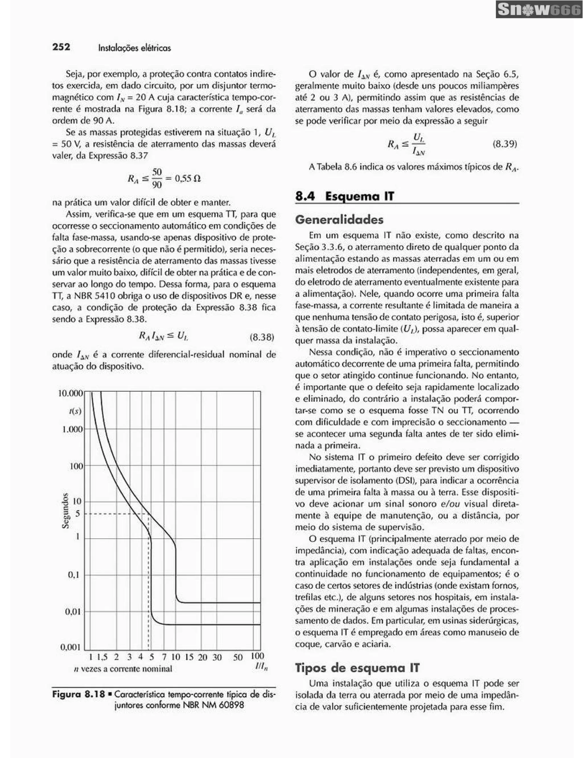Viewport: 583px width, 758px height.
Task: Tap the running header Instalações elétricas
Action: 134,48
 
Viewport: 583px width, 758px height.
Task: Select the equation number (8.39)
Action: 505,144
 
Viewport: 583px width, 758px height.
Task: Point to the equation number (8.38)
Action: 262,337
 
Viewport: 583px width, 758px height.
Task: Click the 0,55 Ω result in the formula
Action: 188,178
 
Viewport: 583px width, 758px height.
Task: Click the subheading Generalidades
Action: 339,220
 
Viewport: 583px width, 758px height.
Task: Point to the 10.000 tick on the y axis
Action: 71,393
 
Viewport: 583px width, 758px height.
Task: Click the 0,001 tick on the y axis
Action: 70,647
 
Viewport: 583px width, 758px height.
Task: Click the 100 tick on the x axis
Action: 257,656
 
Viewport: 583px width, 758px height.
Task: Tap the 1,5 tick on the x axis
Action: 102,657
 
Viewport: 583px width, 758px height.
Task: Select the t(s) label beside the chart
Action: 75,411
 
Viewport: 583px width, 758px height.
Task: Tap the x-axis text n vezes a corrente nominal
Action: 123,669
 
